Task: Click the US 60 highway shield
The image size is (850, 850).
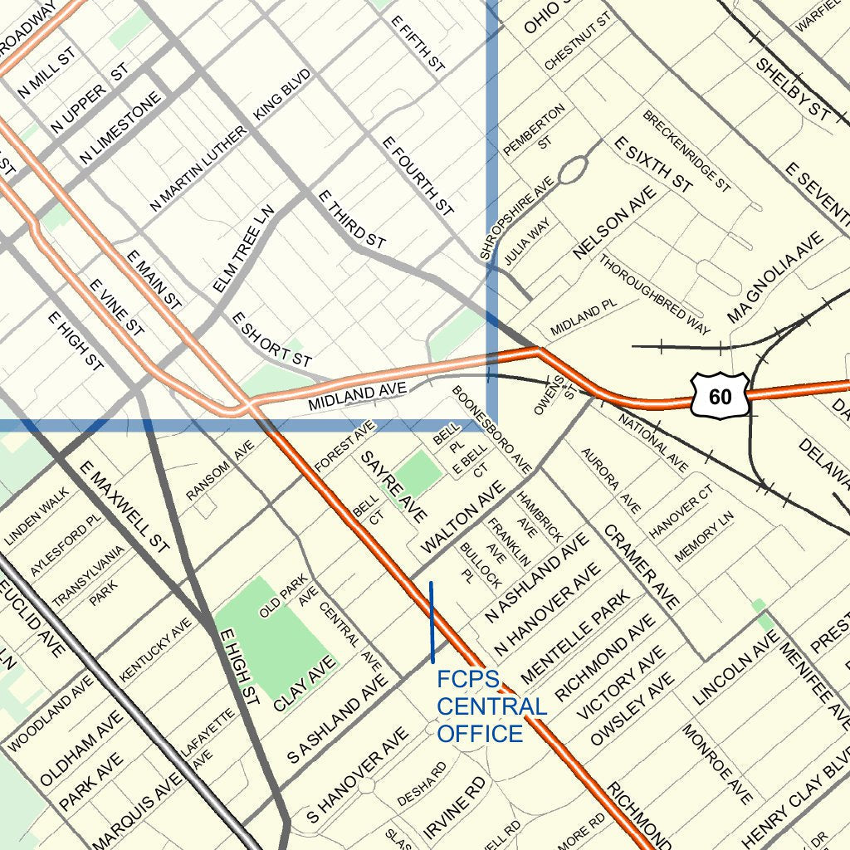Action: [x=720, y=395]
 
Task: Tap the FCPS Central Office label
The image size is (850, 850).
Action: [x=491, y=707]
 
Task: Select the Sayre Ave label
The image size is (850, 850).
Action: [x=393, y=487]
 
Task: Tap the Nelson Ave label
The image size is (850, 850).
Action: [x=614, y=222]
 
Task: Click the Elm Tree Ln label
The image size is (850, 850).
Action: [x=243, y=249]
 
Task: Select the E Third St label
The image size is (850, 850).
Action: [x=352, y=218]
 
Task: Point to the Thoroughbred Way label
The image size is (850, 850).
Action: [x=655, y=294]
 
